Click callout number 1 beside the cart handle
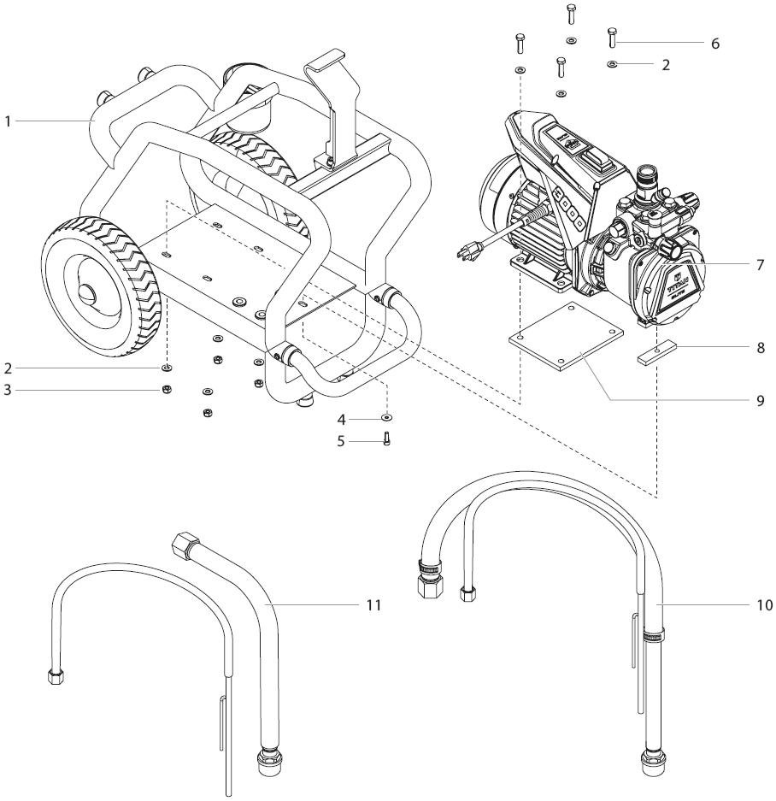click(x=8, y=122)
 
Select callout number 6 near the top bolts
click(x=714, y=43)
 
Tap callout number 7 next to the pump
click(x=760, y=264)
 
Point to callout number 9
click(x=760, y=401)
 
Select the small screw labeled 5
click(x=386, y=439)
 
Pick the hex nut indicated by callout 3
click(x=168, y=390)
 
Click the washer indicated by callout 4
click(x=386, y=418)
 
